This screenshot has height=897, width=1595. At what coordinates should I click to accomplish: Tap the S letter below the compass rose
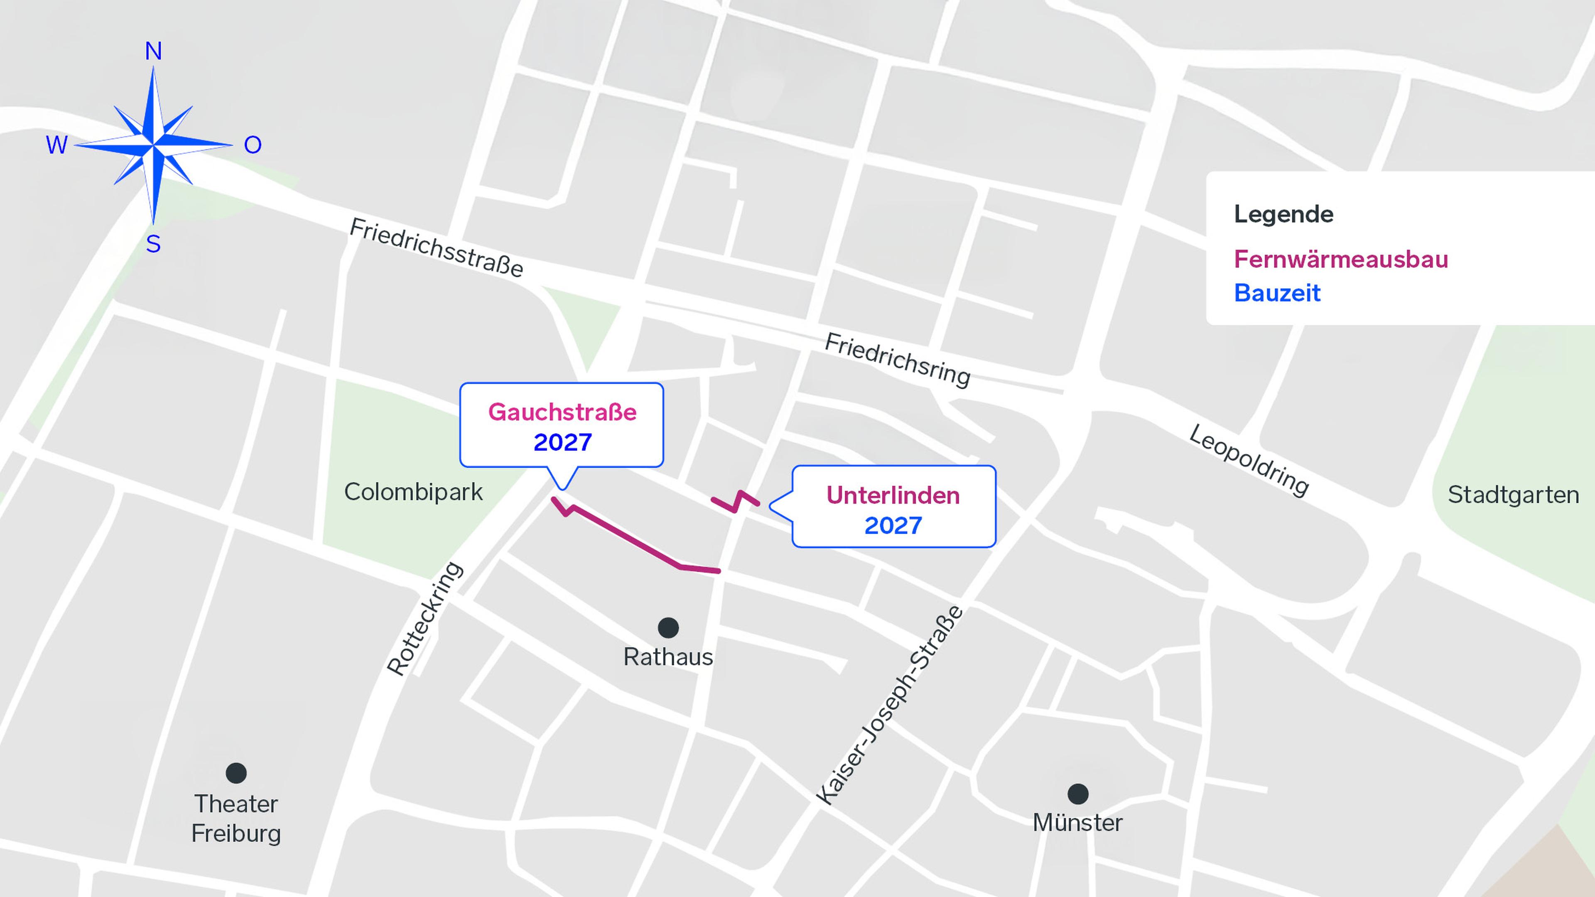coord(154,245)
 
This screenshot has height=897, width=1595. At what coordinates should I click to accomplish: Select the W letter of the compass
coord(56,145)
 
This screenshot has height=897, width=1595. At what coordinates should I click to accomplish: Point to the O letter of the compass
coord(253,145)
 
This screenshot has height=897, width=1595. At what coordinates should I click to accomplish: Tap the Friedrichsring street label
coord(897,360)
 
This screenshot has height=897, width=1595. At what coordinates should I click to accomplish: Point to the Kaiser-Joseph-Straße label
coord(889,706)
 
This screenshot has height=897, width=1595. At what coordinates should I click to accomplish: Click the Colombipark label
coord(413,492)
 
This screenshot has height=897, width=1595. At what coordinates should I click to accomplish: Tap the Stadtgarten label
coord(1513,495)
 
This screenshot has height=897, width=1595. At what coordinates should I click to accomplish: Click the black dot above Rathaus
coord(668,628)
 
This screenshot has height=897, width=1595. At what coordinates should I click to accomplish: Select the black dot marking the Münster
coord(1078,794)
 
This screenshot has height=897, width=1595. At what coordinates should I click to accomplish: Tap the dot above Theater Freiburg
coord(236,772)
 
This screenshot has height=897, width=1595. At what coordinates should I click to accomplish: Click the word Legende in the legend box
coord(1283,214)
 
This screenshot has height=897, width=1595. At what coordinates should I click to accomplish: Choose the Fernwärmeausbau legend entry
coord(1340,260)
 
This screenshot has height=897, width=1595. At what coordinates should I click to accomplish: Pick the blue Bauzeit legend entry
coord(1277,293)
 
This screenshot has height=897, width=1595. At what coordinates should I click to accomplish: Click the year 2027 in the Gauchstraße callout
coord(562,442)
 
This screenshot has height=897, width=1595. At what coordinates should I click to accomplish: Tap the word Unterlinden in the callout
coord(893,495)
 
